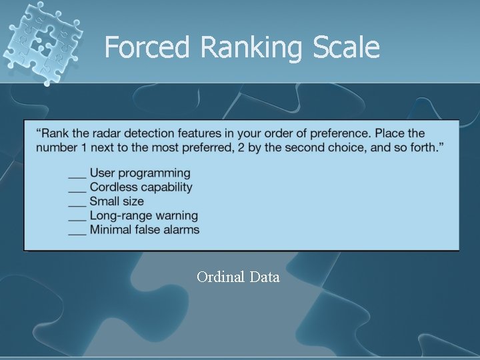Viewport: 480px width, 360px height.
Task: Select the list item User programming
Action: pos(139,173)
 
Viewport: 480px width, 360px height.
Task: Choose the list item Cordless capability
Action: pos(141,187)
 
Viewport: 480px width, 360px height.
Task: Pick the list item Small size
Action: pos(117,201)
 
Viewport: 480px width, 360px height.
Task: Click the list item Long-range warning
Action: pos(143,215)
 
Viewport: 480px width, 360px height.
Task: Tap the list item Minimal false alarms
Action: pos(144,229)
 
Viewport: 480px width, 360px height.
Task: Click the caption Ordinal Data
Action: pos(238,277)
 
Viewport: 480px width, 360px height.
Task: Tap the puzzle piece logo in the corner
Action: pos(42,41)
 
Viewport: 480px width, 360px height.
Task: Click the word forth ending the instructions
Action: pos(423,147)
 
